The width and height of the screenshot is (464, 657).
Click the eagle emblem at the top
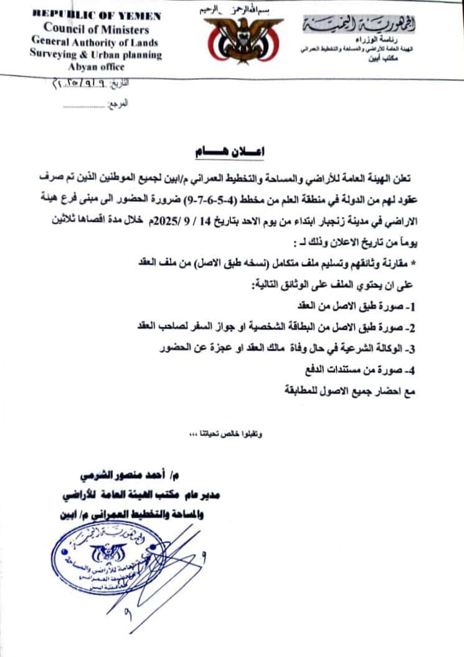[x=232, y=39]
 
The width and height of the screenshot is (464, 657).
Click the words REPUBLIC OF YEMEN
[x=96, y=16]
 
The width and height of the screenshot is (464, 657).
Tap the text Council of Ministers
[x=96, y=29]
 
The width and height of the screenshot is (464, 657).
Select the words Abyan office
[x=97, y=67]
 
